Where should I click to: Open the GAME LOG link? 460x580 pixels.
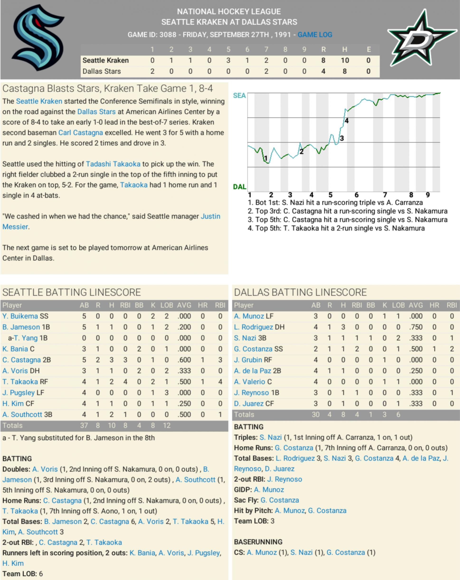pos(315,35)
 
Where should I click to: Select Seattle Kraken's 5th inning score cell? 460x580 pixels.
pos(228,60)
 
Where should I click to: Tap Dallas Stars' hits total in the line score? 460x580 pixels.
pos(344,71)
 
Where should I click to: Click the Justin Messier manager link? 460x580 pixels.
pos(210,216)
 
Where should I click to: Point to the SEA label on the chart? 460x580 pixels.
pos(239,96)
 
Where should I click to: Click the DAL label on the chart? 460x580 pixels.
pos(239,187)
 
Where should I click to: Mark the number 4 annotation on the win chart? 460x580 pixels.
pos(347,121)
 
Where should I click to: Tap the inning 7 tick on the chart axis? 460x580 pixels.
pos(385,195)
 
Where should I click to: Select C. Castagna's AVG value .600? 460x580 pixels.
pos(184,360)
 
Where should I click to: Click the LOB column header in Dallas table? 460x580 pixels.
pos(398,305)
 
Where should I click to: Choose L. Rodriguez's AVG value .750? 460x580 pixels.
pos(416,327)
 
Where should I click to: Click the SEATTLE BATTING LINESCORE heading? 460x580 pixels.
pos(71,292)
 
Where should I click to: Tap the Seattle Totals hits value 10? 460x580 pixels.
pos(112,426)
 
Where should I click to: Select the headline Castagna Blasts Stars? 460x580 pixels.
pos(108,88)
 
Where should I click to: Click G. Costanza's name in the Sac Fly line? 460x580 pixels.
pos(280,500)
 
